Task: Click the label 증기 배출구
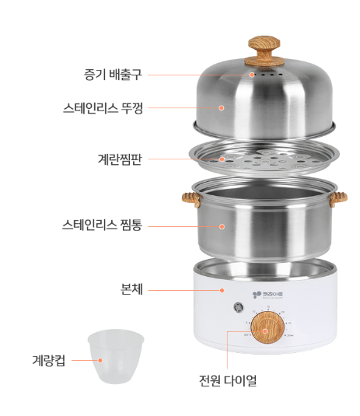(113, 75)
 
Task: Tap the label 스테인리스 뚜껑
(103, 108)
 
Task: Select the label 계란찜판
(120, 159)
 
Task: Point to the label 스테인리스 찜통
(102, 225)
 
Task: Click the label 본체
(131, 289)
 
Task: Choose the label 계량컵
(49, 361)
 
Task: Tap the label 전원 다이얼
(228, 380)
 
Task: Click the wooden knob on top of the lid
(264, 51)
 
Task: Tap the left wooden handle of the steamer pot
(191, 200)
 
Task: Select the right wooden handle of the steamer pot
(338, 200)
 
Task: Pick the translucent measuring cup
(116, 356)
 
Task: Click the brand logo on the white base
(268, 295)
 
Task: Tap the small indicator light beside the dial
(239, 307)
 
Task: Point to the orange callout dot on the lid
(222, 108)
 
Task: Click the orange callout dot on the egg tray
(222, 159)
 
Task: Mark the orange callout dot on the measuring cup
(100, 360)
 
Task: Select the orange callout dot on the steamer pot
(222, 226)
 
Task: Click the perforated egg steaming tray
(264, 157)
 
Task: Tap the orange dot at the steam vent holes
(252, 75)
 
